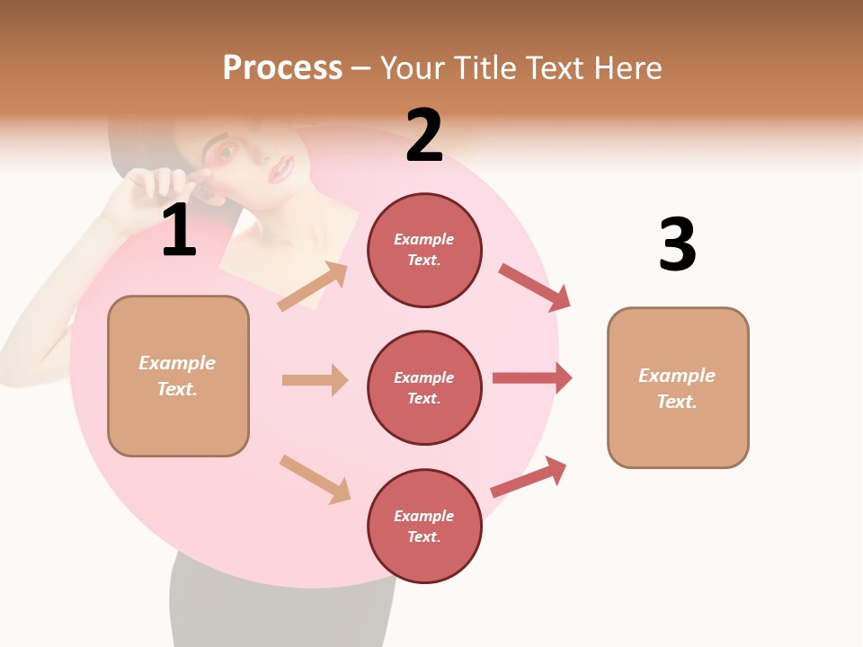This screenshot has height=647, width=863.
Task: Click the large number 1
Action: [179, 231]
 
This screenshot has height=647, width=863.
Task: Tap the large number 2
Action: [424, 136]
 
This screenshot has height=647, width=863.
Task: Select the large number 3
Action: [677, 245]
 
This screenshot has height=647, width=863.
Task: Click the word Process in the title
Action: [282, 67]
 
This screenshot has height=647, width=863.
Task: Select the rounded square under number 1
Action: [178, 376]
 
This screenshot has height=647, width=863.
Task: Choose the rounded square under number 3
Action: [678, 387]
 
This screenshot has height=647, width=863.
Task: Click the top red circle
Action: [424, 250]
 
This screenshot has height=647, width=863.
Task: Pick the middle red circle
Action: [424, 387]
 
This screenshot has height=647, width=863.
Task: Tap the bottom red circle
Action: [424, 526]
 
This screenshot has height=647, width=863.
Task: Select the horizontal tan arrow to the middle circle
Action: [315, 380]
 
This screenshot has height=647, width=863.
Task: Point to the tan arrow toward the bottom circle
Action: [316, 478]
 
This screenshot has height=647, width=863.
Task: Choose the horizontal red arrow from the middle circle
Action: [532, 377]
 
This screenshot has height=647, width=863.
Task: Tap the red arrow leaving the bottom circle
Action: [529, 477]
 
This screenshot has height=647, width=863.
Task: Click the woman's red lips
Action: [283, 168]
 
